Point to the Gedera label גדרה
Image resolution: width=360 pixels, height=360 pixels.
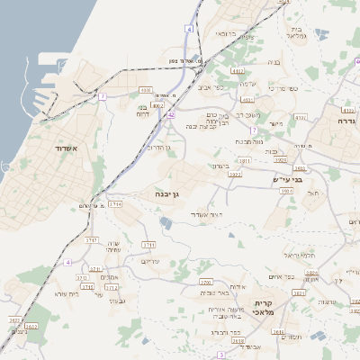click(x=346, y=120)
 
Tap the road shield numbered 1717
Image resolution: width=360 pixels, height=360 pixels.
click(x=92, y=240)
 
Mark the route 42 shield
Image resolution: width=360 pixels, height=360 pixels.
click(x=171, y=115)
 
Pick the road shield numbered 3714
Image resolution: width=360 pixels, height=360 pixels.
click(x=115, y=204)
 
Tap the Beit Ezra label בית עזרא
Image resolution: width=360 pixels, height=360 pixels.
click(x=67, y=294)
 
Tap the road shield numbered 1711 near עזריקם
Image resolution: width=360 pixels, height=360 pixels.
click(x=149, y=244)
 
